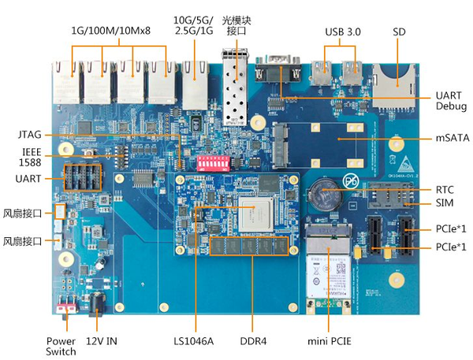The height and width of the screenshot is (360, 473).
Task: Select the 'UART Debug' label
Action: point(451,100)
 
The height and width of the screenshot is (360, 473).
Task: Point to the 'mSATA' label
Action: point(451,137)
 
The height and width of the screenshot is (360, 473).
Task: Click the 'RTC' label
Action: point(445,190)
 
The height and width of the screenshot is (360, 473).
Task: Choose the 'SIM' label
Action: point(445,203)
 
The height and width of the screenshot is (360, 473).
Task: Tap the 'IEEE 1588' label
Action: point(30,156)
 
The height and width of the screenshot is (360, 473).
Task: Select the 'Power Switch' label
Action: point(60,347)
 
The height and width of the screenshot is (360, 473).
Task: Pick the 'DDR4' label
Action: point(255,342)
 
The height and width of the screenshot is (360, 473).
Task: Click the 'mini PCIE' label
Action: point(329,342)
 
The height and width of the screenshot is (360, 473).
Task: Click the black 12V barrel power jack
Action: point(98,303)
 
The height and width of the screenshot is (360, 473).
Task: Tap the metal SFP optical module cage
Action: point(234,88)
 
